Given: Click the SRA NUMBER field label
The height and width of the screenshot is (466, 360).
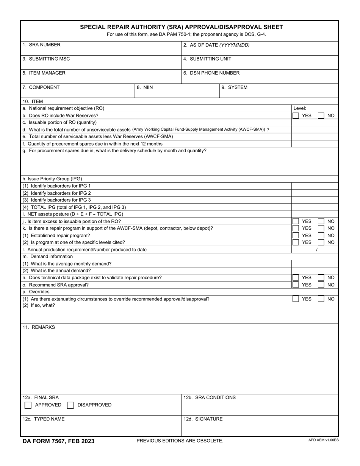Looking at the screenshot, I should point(41,45).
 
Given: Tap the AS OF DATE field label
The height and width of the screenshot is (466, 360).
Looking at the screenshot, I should point(216,45).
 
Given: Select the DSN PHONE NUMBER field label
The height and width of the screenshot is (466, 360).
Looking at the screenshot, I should point(211,73).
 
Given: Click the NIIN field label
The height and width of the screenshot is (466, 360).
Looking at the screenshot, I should point(145,88).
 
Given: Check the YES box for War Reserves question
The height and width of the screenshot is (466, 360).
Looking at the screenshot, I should point(296,116).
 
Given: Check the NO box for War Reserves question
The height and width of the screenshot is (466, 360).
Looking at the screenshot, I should point(321,116).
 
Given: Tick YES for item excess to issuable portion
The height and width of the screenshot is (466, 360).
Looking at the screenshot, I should point(296,221).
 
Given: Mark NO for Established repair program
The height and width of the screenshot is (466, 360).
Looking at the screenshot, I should point(321,235).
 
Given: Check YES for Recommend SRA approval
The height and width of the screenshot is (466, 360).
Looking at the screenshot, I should point(296,285).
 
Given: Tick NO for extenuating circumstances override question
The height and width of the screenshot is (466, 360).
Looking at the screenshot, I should point(321,299).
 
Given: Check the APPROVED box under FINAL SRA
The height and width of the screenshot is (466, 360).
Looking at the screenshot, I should point(28,405).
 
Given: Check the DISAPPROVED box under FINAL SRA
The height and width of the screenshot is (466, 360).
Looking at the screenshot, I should point(70,405).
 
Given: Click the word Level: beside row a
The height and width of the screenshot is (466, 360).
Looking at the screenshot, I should point(300,108).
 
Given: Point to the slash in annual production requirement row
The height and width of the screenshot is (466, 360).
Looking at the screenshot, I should point(317,250).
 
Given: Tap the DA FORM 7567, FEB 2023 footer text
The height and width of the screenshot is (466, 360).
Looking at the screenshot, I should point(58,441).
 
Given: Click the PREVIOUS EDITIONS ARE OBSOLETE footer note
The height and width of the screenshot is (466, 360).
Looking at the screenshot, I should point(180,441).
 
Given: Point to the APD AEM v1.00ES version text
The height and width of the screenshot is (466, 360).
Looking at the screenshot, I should point(323,440).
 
